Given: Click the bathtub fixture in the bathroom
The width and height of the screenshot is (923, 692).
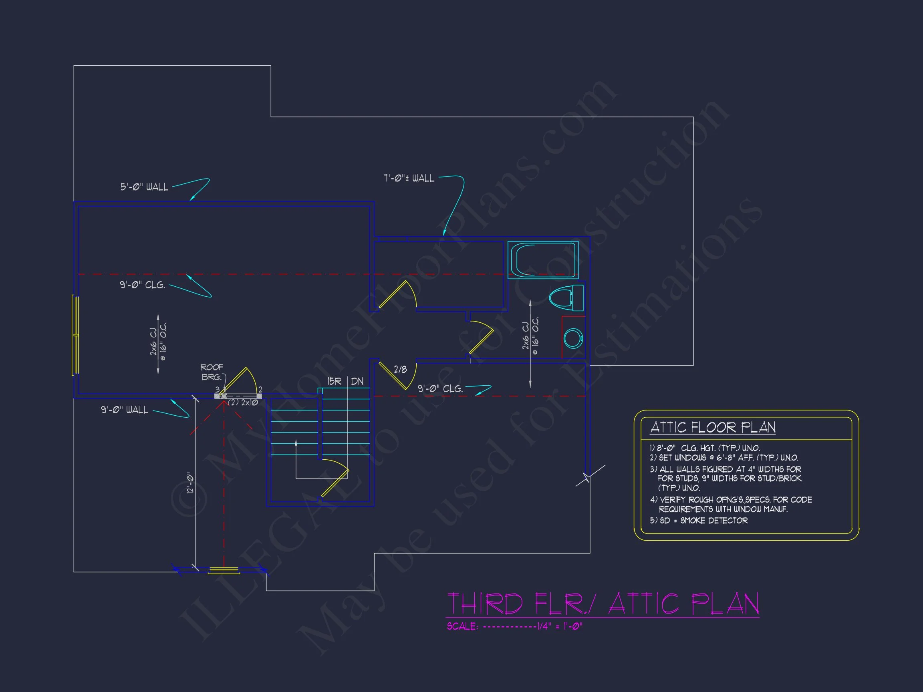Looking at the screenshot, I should pos(543,259).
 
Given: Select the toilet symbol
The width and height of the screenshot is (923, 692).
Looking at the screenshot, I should pos(566,298).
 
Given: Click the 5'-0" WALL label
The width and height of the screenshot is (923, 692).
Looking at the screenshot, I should pos(144,187).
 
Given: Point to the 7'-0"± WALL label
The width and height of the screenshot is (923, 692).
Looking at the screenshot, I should pos(409,178).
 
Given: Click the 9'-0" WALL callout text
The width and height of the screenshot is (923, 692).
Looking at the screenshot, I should pos(124,410).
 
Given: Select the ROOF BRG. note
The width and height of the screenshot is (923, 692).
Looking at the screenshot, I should pos(212,372).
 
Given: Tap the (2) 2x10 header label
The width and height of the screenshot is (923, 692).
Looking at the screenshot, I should pos(243,402).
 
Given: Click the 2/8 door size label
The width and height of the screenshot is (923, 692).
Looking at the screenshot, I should pos(400,369).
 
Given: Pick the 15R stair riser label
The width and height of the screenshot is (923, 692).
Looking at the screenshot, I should pos(334,381).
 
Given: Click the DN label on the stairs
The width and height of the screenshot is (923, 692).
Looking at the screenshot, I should pos(357,381).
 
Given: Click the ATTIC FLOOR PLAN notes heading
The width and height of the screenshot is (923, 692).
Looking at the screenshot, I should pos(713,428).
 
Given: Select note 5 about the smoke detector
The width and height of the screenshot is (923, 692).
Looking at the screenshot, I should pos(699,521).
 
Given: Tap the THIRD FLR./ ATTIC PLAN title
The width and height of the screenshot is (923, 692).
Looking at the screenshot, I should pos(603,603).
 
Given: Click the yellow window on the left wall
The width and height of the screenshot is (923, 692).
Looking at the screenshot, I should pos(76,334).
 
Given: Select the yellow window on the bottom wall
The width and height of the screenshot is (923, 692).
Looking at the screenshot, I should pos(224,570).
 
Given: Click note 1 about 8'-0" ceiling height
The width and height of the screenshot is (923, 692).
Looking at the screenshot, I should pos(705,448).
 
